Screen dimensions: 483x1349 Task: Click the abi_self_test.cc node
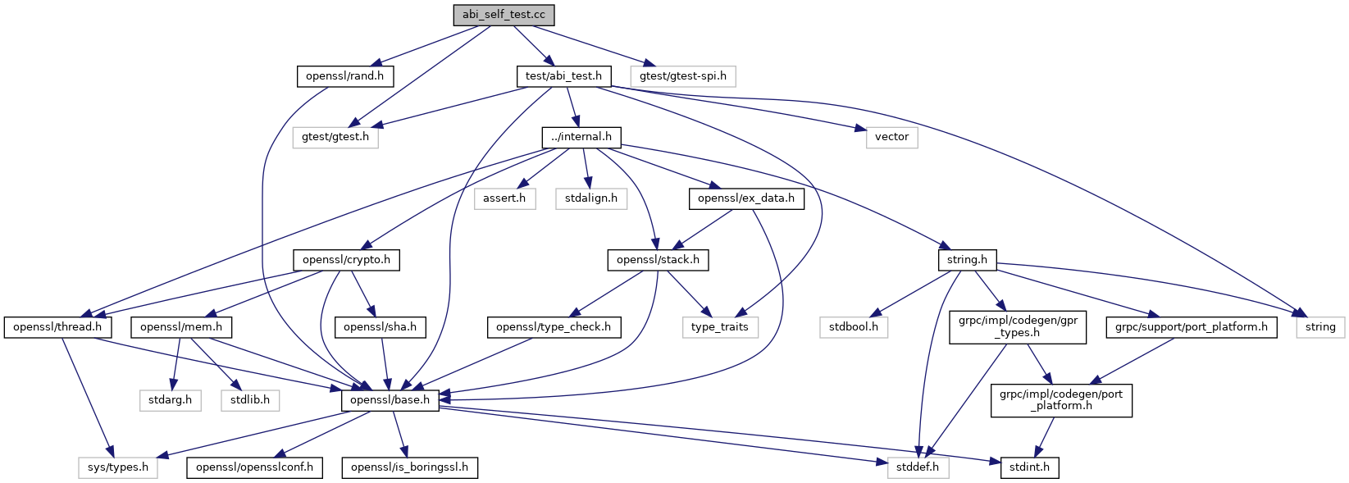[x=504, y=15]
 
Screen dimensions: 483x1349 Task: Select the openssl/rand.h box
[x=344, y=76]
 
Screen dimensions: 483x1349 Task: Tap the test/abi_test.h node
[x=563, y=76]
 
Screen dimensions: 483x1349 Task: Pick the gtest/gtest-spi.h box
[x=683, y=76]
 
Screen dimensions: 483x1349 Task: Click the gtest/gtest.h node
[x=335, y=137]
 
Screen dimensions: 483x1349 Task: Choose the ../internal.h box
[x=581, y=137]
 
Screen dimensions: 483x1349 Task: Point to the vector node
[x=891, y=137]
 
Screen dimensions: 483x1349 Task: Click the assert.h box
[x=504, y=198]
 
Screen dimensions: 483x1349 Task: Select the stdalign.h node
[x=591, y=198]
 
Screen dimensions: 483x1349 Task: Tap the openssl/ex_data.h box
[x=746, y=198]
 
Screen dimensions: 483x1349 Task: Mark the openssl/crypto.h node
[x=346, y=260]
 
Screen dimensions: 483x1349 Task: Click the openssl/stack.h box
[x=658, y=260]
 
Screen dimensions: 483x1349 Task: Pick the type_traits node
[x=719, y=327]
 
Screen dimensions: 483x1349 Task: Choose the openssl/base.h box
[x=390, y=400]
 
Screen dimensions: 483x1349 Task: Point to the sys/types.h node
[x=118, y=467]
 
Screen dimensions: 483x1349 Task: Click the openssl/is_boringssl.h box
[x=409, y=467]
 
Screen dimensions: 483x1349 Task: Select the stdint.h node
[x=1029, y=467]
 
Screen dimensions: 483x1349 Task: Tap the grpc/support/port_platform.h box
[x=1191, y=327]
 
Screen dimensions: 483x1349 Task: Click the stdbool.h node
[x=853, y=327]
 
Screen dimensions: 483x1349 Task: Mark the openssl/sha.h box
[x=380, y=327]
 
